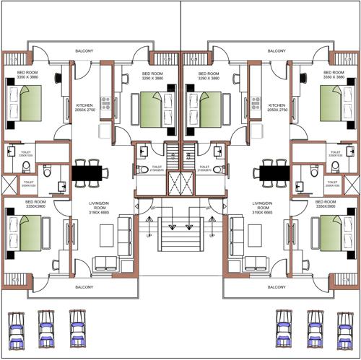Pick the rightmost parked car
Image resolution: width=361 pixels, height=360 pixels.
[x=344, y=328]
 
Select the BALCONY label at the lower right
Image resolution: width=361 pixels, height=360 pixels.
[x=276, y=286]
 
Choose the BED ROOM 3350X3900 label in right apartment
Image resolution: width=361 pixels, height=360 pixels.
[x=327, y=204]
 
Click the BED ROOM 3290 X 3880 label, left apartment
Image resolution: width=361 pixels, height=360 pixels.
[x=155, y=76]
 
